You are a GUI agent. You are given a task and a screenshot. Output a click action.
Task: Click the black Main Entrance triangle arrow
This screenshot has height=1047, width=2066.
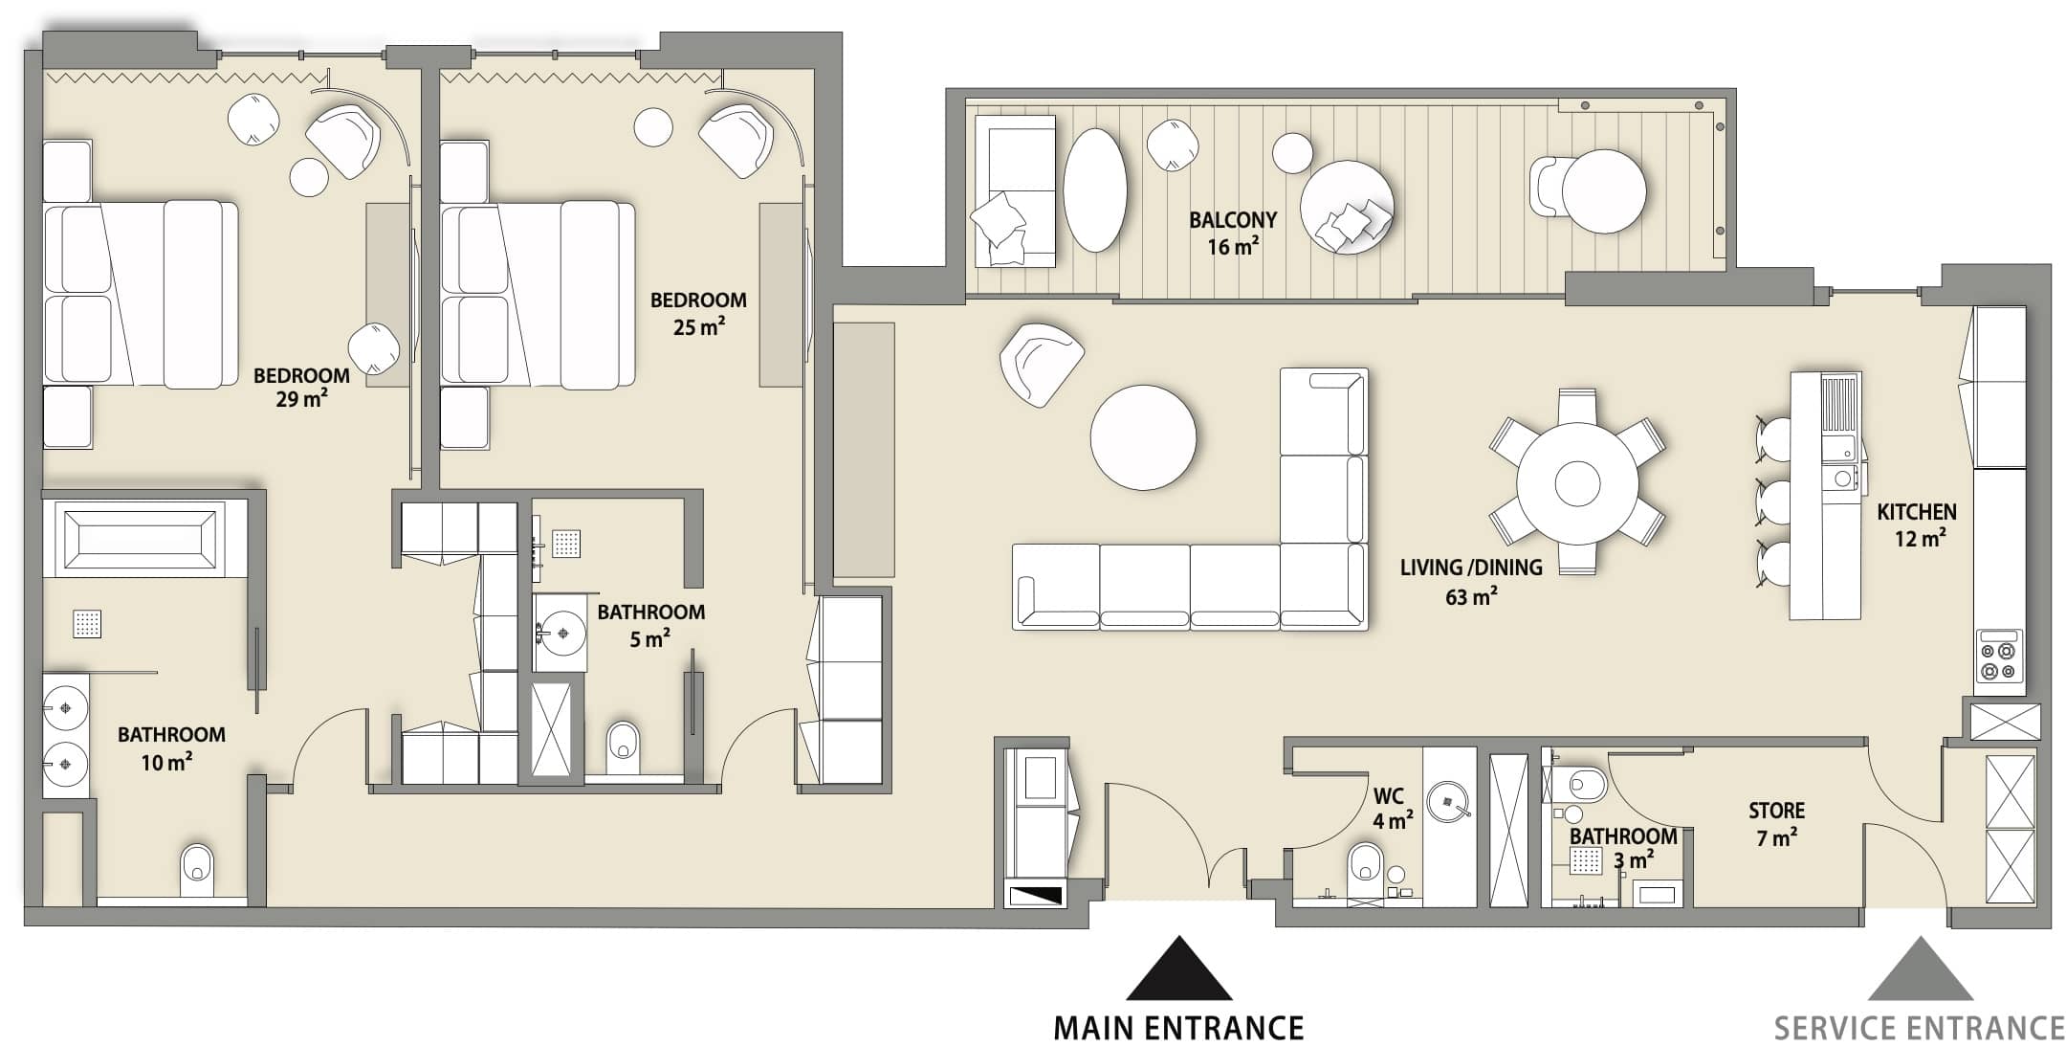(x=1178, y=969)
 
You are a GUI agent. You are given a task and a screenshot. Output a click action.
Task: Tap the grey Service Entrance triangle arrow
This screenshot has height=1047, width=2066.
(x=1920, y=969)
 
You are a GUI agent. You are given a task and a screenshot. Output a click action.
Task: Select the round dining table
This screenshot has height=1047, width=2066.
(x=1577, y=482)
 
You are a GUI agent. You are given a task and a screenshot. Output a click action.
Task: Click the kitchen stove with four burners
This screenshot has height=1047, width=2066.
(x=1999, y=656)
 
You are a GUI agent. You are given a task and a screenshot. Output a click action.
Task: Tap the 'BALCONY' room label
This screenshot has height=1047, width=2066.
(x=1233, y=220)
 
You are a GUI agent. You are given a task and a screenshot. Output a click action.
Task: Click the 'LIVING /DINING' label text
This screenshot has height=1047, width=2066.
(x=1471, y=568)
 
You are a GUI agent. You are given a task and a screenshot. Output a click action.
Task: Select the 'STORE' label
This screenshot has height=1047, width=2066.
(x=1776, y=811)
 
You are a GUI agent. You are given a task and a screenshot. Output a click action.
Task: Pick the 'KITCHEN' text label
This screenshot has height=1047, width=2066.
(x=1916, y=512)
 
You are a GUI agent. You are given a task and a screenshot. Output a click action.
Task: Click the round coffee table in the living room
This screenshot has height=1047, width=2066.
(x=1143, y=437)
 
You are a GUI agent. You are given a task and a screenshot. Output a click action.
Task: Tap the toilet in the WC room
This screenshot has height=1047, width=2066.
(x=1364, y=867)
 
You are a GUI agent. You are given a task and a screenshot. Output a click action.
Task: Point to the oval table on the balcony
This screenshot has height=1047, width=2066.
(x=1095, y=189)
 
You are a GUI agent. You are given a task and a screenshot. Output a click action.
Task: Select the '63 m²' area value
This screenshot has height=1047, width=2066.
(x=1471, y=597)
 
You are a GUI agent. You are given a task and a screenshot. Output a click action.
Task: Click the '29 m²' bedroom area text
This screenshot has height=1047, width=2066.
(x=301, y=399)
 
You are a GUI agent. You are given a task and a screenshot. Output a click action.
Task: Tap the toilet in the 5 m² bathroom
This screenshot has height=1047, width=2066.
(x=623, y=746)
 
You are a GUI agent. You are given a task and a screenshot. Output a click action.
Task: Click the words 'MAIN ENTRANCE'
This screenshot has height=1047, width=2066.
(x=1178, y=1029)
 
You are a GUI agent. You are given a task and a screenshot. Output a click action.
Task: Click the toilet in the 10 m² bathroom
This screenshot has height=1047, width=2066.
(x=197, y=871)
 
